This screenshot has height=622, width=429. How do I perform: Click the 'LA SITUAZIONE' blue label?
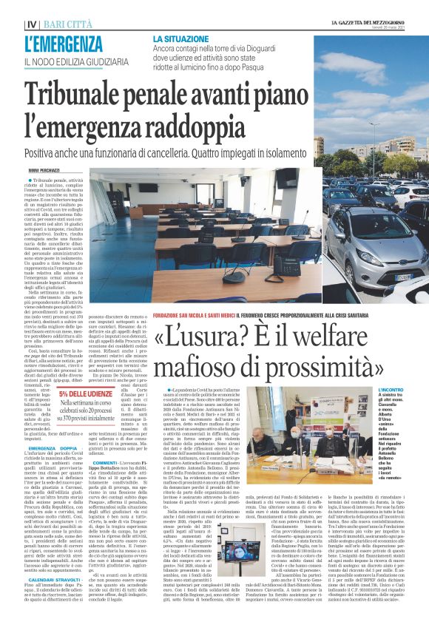pyautogui.click(x=184, y=38)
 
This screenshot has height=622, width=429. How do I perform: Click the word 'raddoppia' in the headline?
pyautogui.click(x=176, y=125)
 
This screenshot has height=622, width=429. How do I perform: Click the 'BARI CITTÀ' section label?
pyautogui.click(x=61, y=24)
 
